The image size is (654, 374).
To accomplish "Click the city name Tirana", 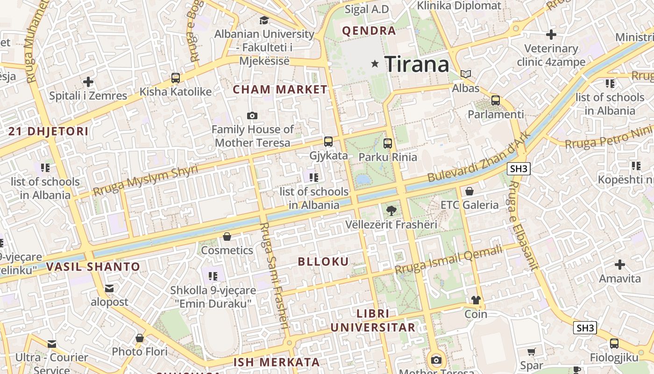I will pyautogui.click(x=417, y=64).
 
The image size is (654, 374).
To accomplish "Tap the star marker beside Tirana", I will pyautogui.click(x=375, y=64).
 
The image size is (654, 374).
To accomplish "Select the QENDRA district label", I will pyautogui.click(x=369, y=31).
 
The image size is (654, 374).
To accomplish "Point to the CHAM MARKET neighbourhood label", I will pyautogui.click(x=280, y=89).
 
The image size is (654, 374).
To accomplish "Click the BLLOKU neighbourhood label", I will pyautogui.click(x=323, y=261).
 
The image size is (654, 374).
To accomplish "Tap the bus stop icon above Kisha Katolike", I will pyautogui.click(x=176, y=78).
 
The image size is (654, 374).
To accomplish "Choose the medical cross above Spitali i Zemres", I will pyautogui.click(x=88, y=82).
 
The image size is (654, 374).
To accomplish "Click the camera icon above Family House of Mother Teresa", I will pyautogui.click(x=252, y=115).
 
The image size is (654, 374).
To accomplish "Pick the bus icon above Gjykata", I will pyautogui.click(x=328, y=142).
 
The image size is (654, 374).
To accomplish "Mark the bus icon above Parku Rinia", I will pyautogui.click(x=388, y=144).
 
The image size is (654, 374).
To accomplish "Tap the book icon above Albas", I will pyautogui.click(x=466, y=74).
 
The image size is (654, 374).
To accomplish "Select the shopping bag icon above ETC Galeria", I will pyautogui.click(x=469, y=191).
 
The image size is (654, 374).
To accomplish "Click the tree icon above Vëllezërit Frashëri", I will pyautogui.click(x=391, y=211).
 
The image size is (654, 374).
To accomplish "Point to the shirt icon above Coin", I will pyautogui.click(x=476, y=300).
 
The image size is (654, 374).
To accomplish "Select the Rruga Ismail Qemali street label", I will pyautogui.click(x=448, y=260).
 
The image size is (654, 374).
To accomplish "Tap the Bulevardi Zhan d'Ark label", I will pyautogui.click(x=479, y=157).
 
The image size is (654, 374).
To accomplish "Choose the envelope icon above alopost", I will pyautogui.click(x=109, y=288).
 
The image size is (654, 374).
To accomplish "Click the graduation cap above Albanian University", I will pyautogui.click(x=264, y=20).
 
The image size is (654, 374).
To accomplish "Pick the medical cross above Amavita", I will pyautogui.click(x=620, y=265).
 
